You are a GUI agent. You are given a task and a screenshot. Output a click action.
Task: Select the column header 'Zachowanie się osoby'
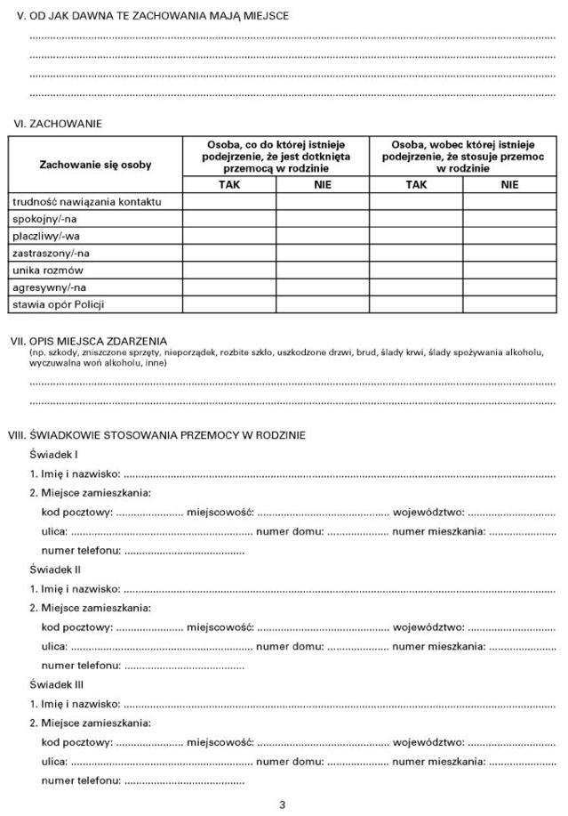(x=95, y=165)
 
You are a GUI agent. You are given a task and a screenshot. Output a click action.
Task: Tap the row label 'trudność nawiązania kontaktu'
(x=86, y=202)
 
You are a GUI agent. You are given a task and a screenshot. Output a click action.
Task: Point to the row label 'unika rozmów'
(x=47, y=270)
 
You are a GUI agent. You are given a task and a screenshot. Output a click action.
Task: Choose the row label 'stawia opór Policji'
(x=59, y=304)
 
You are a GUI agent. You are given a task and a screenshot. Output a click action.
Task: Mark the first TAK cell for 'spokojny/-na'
(x=229, y=219)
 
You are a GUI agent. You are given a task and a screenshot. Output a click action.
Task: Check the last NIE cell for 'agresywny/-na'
(x=508, y=287)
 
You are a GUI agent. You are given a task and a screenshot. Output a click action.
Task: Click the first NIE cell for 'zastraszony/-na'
(x=322, y=253)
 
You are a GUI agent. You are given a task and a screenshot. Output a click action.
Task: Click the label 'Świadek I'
(x=53, y=454)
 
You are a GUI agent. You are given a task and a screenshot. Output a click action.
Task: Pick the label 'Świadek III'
(x=57, y=684)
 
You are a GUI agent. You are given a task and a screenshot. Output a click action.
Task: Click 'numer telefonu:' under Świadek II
(x=81, y=665)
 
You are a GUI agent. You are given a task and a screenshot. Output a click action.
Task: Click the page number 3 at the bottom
(x=283, y=805)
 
